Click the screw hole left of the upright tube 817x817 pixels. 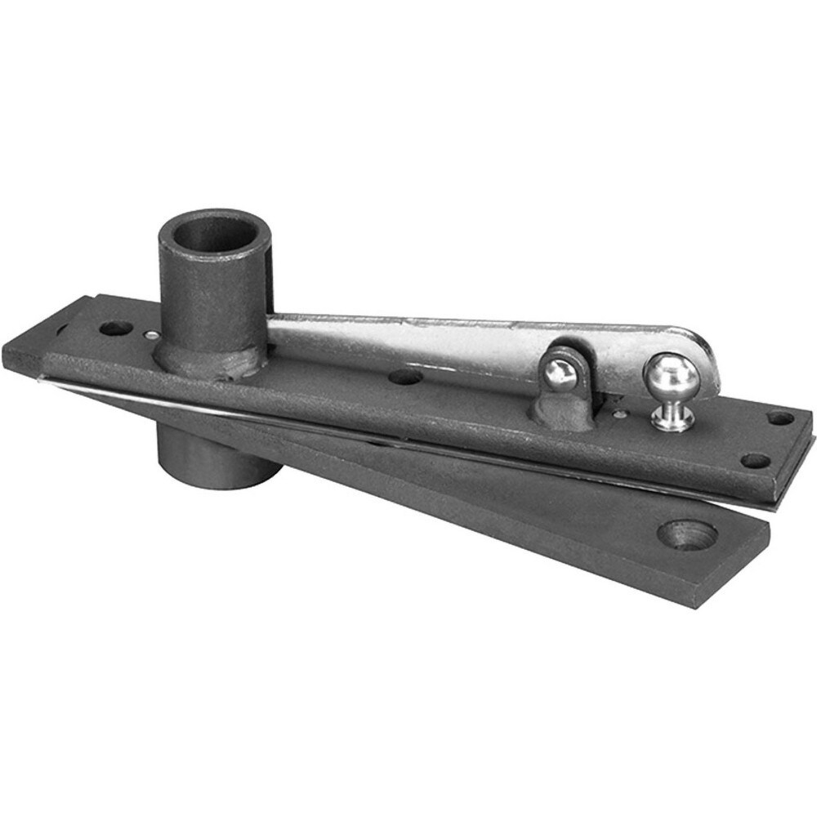click(x=115, y=328)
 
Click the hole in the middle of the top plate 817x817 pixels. click(x=405, y=377)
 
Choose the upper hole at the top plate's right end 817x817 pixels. click(x=780, y=417)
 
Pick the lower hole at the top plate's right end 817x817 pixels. click(x=755, y=461)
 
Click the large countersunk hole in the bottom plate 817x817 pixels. click(x=687, y=534)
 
